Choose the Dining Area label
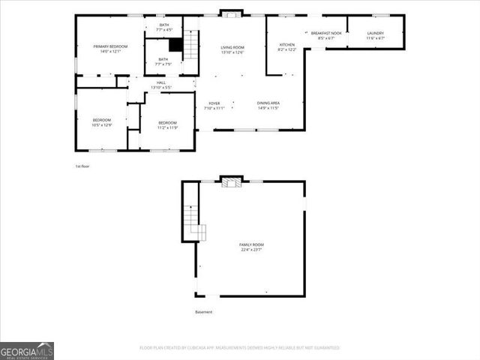point(268,105)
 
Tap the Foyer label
point(214,105)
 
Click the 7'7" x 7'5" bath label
point(163,61)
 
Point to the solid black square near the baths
point(175,45)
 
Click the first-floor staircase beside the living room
point(192,47)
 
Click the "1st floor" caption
point(82,166)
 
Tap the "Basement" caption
point(204,312)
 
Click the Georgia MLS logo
point(27,350)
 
